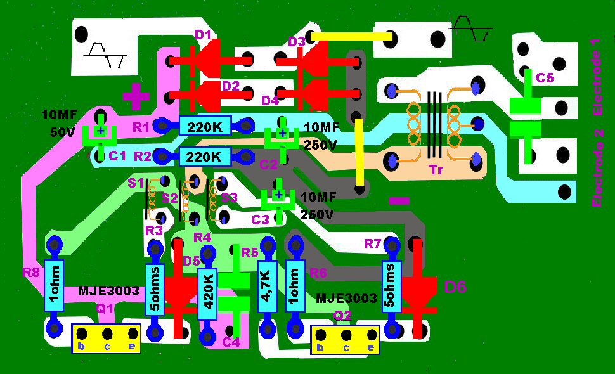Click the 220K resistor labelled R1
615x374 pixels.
204,126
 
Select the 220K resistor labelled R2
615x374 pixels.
204,155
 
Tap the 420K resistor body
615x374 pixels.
207,295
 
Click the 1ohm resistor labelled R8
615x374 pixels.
54,286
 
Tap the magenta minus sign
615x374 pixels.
399,200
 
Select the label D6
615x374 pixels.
455,287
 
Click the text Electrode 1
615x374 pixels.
595,77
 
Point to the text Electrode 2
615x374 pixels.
596,169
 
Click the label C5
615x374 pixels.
544,78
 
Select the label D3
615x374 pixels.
297,42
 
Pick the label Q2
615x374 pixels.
342,315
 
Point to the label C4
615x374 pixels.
231,343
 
